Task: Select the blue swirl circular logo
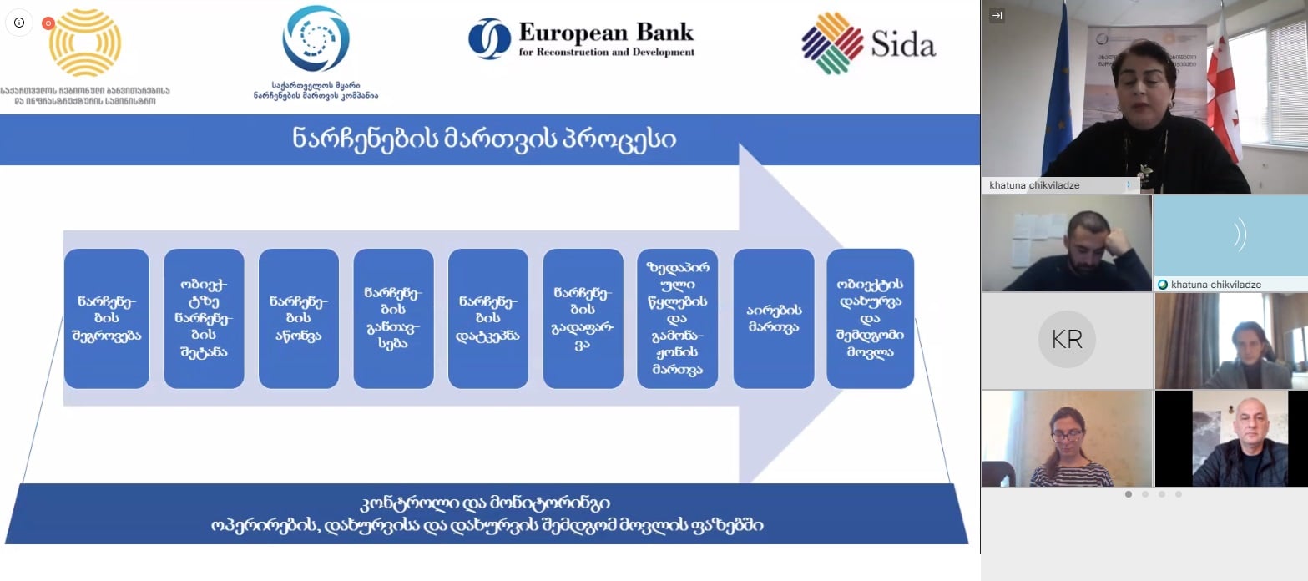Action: tap(316, 38)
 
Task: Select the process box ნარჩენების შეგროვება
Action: tap(107, 318)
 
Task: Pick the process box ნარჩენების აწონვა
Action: tap(299, 318)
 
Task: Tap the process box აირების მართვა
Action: tap(773, 318)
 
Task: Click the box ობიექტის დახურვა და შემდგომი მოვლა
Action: tap(870, 318)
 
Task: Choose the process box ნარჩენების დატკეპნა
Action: tap(488, 318)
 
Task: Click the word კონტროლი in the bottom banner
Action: tap(401, 503)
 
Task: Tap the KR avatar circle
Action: tap(1066, 340)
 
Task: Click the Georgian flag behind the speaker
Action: tap(1223, 83)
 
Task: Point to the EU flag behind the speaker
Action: tap(1057, 83)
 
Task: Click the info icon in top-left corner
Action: tap(19, 23)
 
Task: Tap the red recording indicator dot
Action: tap(48, 23)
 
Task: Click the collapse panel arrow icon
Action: tap(997, 16)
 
